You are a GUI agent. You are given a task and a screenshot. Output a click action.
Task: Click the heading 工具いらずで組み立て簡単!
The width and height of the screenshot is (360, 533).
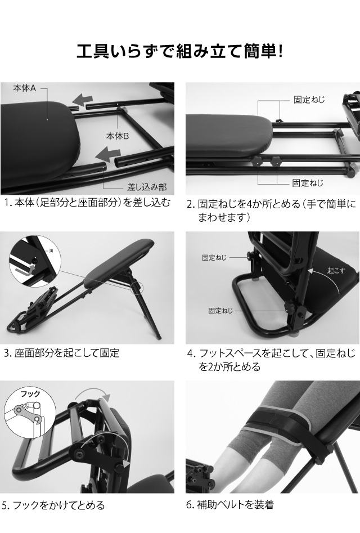click(179, 52)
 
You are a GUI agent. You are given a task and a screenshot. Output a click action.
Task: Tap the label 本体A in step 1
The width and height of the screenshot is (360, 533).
click(25, 88)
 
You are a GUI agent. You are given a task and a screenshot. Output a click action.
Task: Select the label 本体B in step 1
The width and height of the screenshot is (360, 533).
click(118, 136)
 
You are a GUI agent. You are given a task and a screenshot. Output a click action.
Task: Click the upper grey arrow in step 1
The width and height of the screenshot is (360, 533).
click(83, 100)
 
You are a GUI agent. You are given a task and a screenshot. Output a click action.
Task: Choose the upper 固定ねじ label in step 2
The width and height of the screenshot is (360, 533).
click(309, 99)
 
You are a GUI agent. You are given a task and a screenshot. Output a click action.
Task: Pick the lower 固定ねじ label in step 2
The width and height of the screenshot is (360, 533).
click(308, 183)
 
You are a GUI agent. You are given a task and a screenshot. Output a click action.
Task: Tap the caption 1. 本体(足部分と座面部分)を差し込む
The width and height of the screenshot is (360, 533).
click(87, 203)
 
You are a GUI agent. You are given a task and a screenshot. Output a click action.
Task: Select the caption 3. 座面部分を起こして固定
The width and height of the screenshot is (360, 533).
click(61, 353)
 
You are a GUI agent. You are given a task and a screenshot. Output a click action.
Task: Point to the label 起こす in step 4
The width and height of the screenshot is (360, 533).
click(336, 270)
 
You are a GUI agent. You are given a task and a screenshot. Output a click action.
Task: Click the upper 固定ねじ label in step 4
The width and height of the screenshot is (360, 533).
click(214, 257)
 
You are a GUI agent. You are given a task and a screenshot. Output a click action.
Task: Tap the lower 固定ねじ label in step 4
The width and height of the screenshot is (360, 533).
click(220, 310)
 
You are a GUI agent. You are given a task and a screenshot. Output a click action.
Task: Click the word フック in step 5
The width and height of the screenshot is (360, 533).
click(30, 394)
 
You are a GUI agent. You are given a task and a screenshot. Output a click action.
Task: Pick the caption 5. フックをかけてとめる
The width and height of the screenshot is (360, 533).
click(54, 505)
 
